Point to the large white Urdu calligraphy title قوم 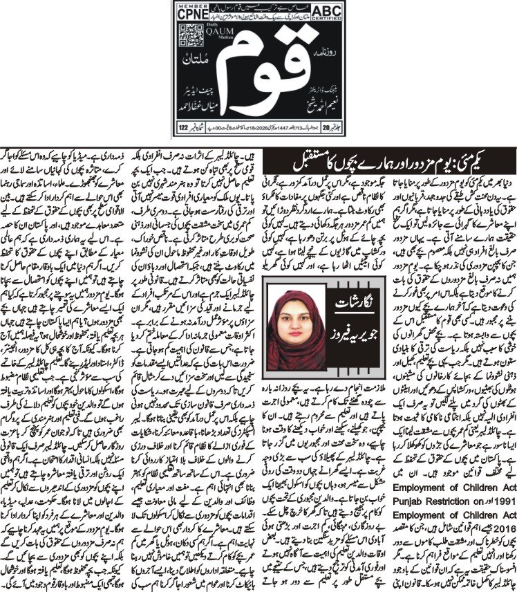tap(256, 73)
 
